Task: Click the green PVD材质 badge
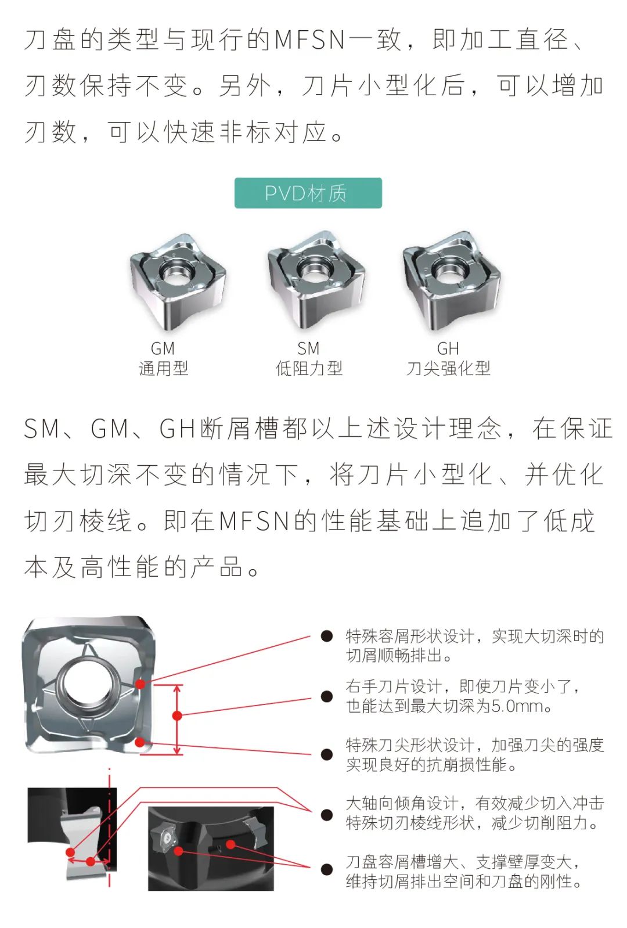coord(308,193)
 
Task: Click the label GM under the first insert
coord(163,349)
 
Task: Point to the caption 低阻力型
coord(309,368)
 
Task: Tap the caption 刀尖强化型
coord(448,368)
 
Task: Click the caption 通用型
coord(164,368)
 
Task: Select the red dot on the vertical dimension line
coord(177,715)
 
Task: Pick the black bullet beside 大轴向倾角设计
coord(327,815)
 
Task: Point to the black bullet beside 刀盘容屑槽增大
coord(327,869)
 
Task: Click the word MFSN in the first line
coord(310,40)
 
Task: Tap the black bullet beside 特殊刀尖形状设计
coord(327,755)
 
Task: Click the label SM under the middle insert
coord(308,349)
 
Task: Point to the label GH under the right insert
coord(448,349)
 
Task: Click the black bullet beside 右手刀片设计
coord(327,696)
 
